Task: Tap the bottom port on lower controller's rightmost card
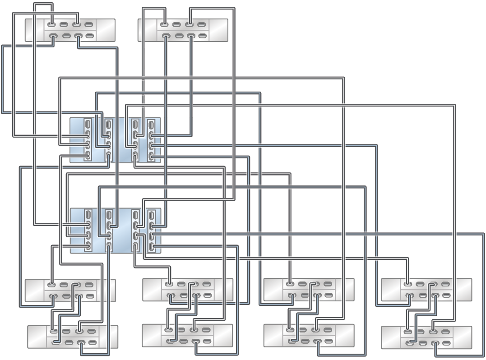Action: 151,247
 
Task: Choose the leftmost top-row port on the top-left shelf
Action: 52,25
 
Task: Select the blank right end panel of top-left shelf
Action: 106,30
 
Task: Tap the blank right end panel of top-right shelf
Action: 219,30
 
